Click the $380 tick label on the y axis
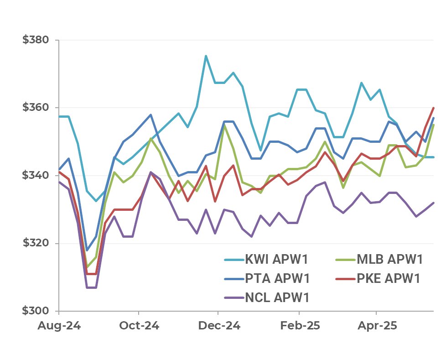coord(36,40)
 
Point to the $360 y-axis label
coord(36,108)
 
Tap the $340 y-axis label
coord(36,175)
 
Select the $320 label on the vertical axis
coord(36,243)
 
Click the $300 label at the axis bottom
coord(36,311)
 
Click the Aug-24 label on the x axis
coord(59,326)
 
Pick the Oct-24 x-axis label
coord(139,326)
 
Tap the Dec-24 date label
coord(218,326)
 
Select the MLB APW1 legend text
coord(390,260)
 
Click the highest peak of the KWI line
coord(206,56)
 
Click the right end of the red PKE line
coord(433,108)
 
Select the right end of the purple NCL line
coord(433,203)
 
